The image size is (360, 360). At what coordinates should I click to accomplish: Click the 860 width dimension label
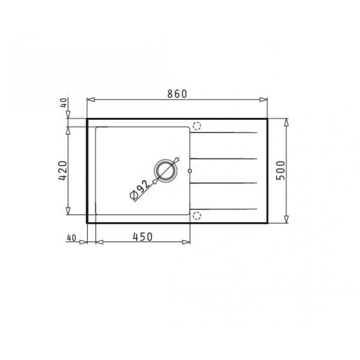click(x=177, y=94)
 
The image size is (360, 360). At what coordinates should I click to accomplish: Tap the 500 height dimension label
click(x=280, y=170)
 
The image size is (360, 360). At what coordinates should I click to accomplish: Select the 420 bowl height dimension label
click(x=63, y=170)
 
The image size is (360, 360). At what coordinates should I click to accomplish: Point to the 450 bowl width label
click(x=142, y=237)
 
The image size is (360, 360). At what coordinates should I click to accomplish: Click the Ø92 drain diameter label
click(x=139, y=190)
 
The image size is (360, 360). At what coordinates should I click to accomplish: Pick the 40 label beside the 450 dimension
click(x=71, y=238)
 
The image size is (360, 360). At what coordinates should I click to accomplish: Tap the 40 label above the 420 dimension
click(x=64, y=103)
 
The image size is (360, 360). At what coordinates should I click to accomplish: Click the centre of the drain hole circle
click(x=166, y=171)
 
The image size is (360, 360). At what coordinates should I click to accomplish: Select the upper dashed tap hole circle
click(x=197, y=126)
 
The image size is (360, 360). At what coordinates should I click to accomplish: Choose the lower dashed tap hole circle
click(x=197, y=215)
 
